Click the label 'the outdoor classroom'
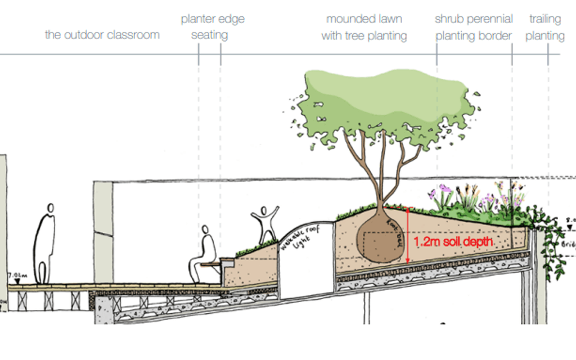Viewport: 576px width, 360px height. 102,35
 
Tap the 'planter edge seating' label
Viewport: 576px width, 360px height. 212,27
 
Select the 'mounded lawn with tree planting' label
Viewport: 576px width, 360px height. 364,27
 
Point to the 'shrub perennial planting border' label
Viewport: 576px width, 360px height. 474,27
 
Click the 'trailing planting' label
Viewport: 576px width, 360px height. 544,27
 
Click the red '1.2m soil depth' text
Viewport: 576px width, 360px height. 453,242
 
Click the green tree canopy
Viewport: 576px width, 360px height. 382,101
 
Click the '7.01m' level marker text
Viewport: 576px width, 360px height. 17,276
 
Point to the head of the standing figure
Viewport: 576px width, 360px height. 51,208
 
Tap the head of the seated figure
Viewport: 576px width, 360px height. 205,229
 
